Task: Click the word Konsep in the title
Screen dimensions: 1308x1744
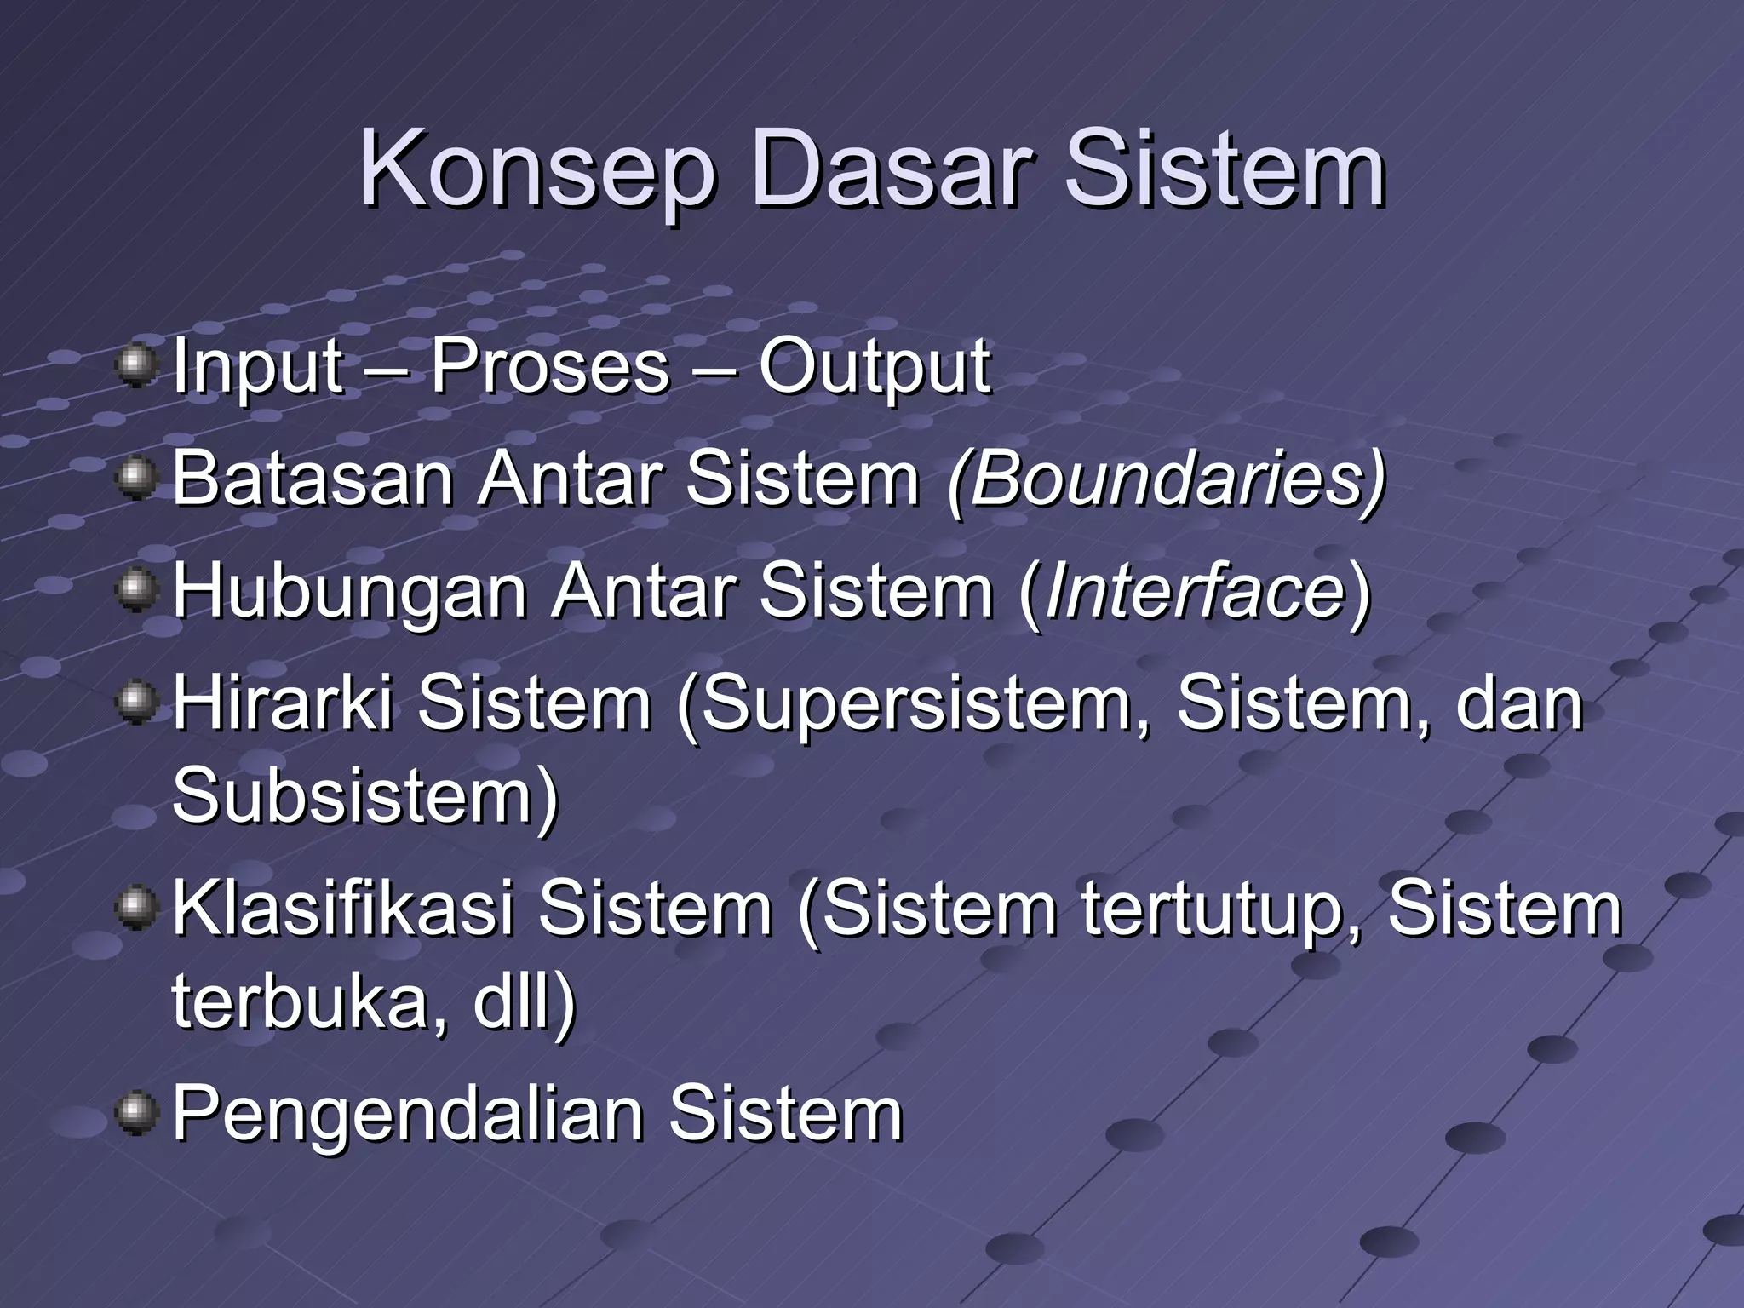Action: pos(536,170)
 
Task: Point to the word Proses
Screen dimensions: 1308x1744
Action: pos(550,368)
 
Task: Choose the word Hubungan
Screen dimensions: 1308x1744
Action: pos(350,591)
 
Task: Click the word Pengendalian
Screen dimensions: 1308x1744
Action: pos(408,1114)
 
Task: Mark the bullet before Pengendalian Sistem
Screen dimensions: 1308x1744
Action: pos(136,1114)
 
